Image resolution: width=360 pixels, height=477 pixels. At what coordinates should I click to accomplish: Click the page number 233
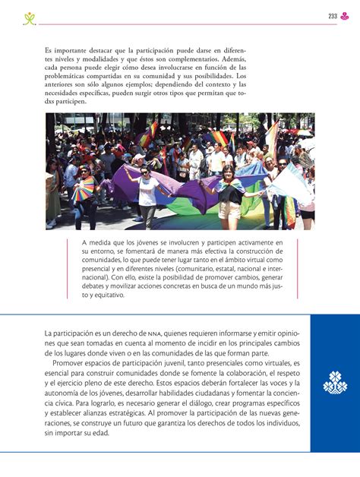[x=333, y=16]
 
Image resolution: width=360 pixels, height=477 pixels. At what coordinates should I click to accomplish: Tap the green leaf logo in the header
[x=30, y=17]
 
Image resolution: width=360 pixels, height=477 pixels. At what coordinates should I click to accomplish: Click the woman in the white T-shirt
[x=148, y=196]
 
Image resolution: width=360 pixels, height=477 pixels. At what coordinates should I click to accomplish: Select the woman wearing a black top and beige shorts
[x=230, y=194]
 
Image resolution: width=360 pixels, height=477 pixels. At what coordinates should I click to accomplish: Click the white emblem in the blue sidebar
[x=335, y=383]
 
